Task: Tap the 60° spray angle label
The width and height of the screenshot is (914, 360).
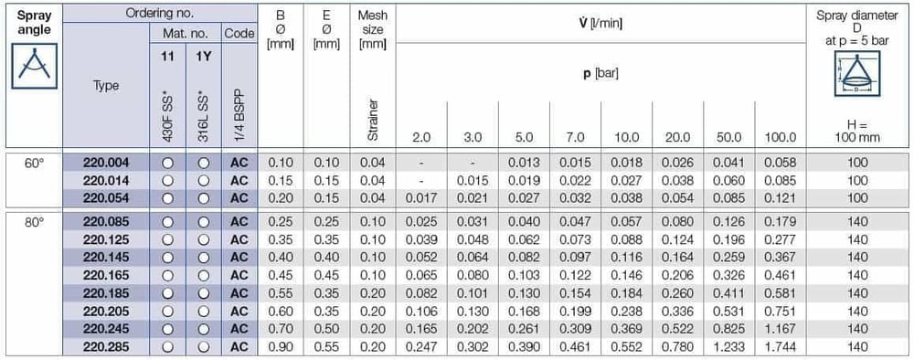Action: [33, 163]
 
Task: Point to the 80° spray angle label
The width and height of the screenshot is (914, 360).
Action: [33, 221]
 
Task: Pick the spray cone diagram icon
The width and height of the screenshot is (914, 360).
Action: [857, 73]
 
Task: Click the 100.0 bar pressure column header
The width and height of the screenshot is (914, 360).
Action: [781, 138]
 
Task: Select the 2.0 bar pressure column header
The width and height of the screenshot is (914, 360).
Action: [421, 138]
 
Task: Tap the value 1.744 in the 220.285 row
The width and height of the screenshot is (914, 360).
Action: [781, 347]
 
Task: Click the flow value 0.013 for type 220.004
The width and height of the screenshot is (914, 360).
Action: [524, 163]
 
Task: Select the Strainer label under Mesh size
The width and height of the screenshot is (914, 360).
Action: [373, 120]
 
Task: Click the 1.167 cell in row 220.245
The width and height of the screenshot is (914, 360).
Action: [781, 329]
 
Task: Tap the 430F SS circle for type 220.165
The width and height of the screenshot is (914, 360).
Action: [168, 275]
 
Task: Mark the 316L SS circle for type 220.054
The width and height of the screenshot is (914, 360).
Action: [204, 198]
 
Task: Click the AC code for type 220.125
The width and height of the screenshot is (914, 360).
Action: [239, 239]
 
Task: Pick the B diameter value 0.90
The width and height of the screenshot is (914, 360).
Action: [281, 347]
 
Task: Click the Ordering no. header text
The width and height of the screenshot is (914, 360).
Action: [160, 12]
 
